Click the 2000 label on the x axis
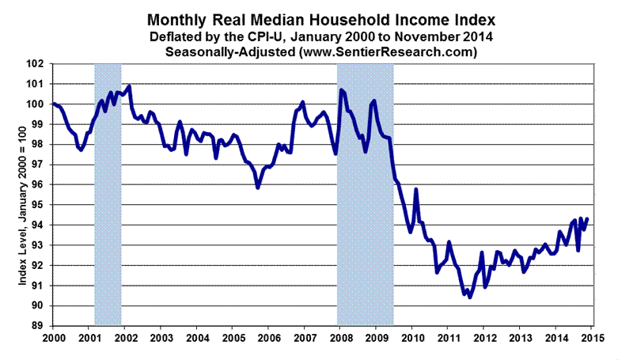52,339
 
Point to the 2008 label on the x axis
339,339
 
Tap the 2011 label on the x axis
447,339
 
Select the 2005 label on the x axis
232,339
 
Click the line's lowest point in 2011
470,297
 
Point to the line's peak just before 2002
128,86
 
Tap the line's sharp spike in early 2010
416,190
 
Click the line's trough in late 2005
258,188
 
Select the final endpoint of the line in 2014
586,218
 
